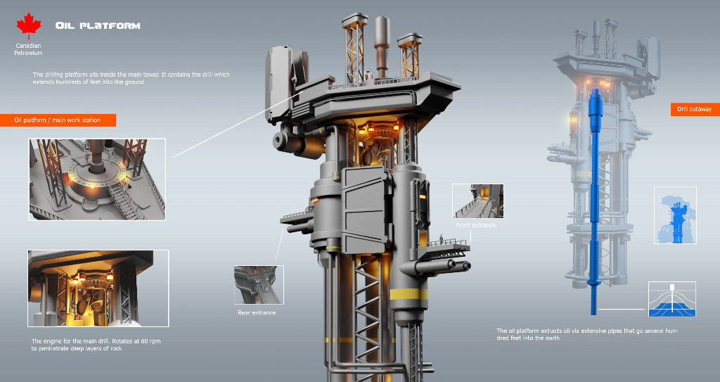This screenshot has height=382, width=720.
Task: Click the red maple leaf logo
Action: point(28,26)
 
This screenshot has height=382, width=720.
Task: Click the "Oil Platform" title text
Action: point(98,26)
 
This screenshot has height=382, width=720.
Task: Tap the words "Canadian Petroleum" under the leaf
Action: point(28,49)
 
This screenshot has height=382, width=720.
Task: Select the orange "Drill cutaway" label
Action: point(695,109)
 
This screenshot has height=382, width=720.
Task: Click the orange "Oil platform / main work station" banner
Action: point(58,120)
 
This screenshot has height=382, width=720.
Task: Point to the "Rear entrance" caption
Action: point(257,312)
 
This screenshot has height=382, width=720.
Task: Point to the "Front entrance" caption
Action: point(476,225)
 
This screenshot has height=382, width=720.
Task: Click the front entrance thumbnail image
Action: point(477,201)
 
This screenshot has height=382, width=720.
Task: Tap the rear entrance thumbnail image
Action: point(259,284)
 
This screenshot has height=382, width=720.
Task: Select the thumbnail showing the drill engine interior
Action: point(98,288)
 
